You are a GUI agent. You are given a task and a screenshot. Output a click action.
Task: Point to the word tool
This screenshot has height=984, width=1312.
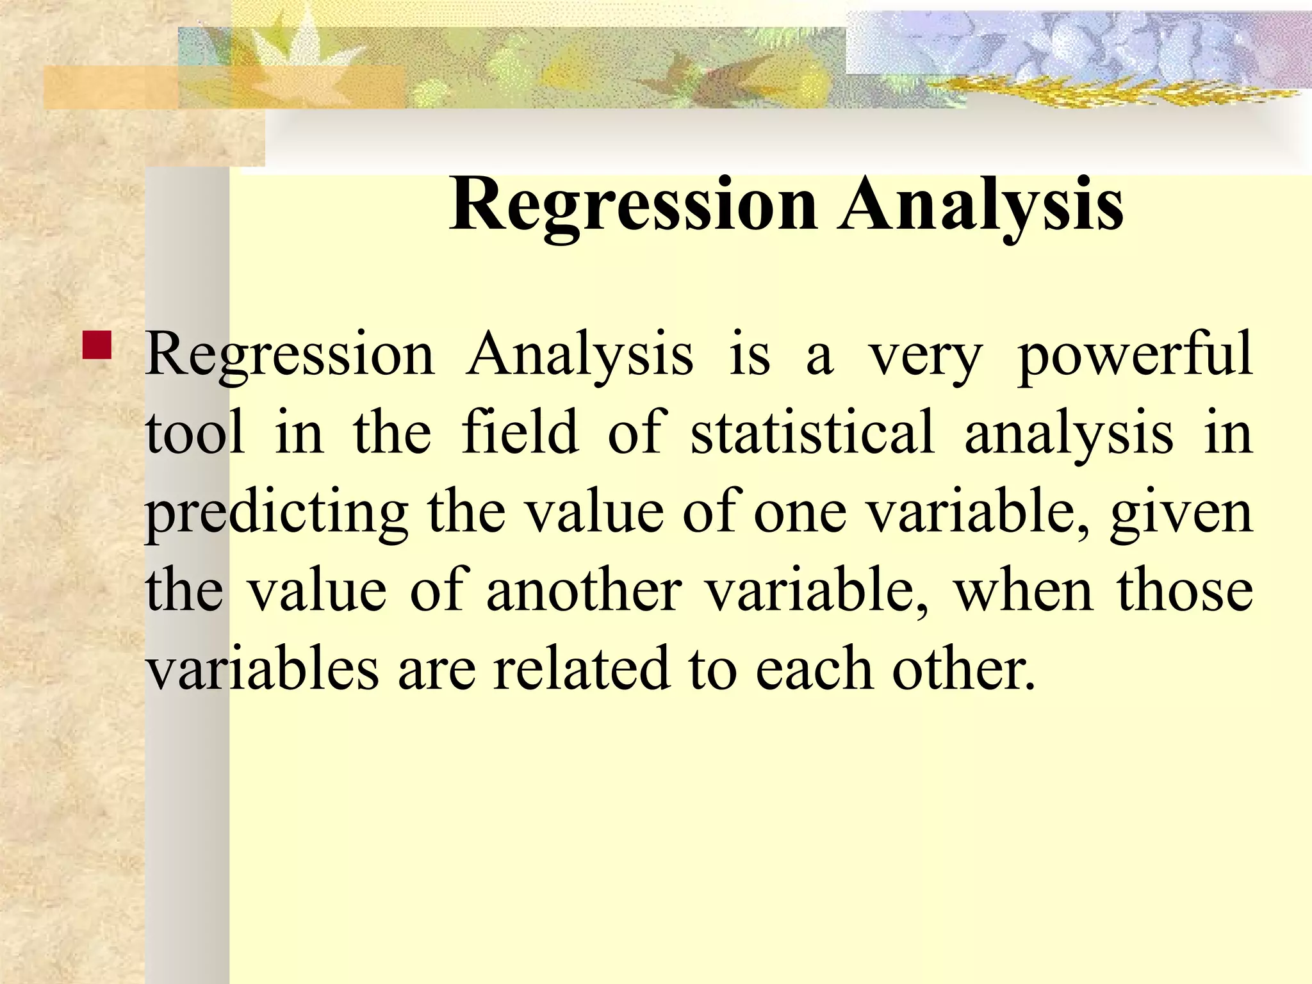tap(195, 433)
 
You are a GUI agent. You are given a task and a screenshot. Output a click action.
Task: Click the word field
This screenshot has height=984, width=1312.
tap(520, 433)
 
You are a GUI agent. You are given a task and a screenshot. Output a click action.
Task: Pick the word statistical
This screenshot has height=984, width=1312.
tap(812, 433)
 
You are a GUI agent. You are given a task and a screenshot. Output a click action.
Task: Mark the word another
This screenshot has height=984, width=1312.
tap(584, 590)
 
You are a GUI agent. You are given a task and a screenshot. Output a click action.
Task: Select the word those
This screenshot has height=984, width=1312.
tap(1185, 590)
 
